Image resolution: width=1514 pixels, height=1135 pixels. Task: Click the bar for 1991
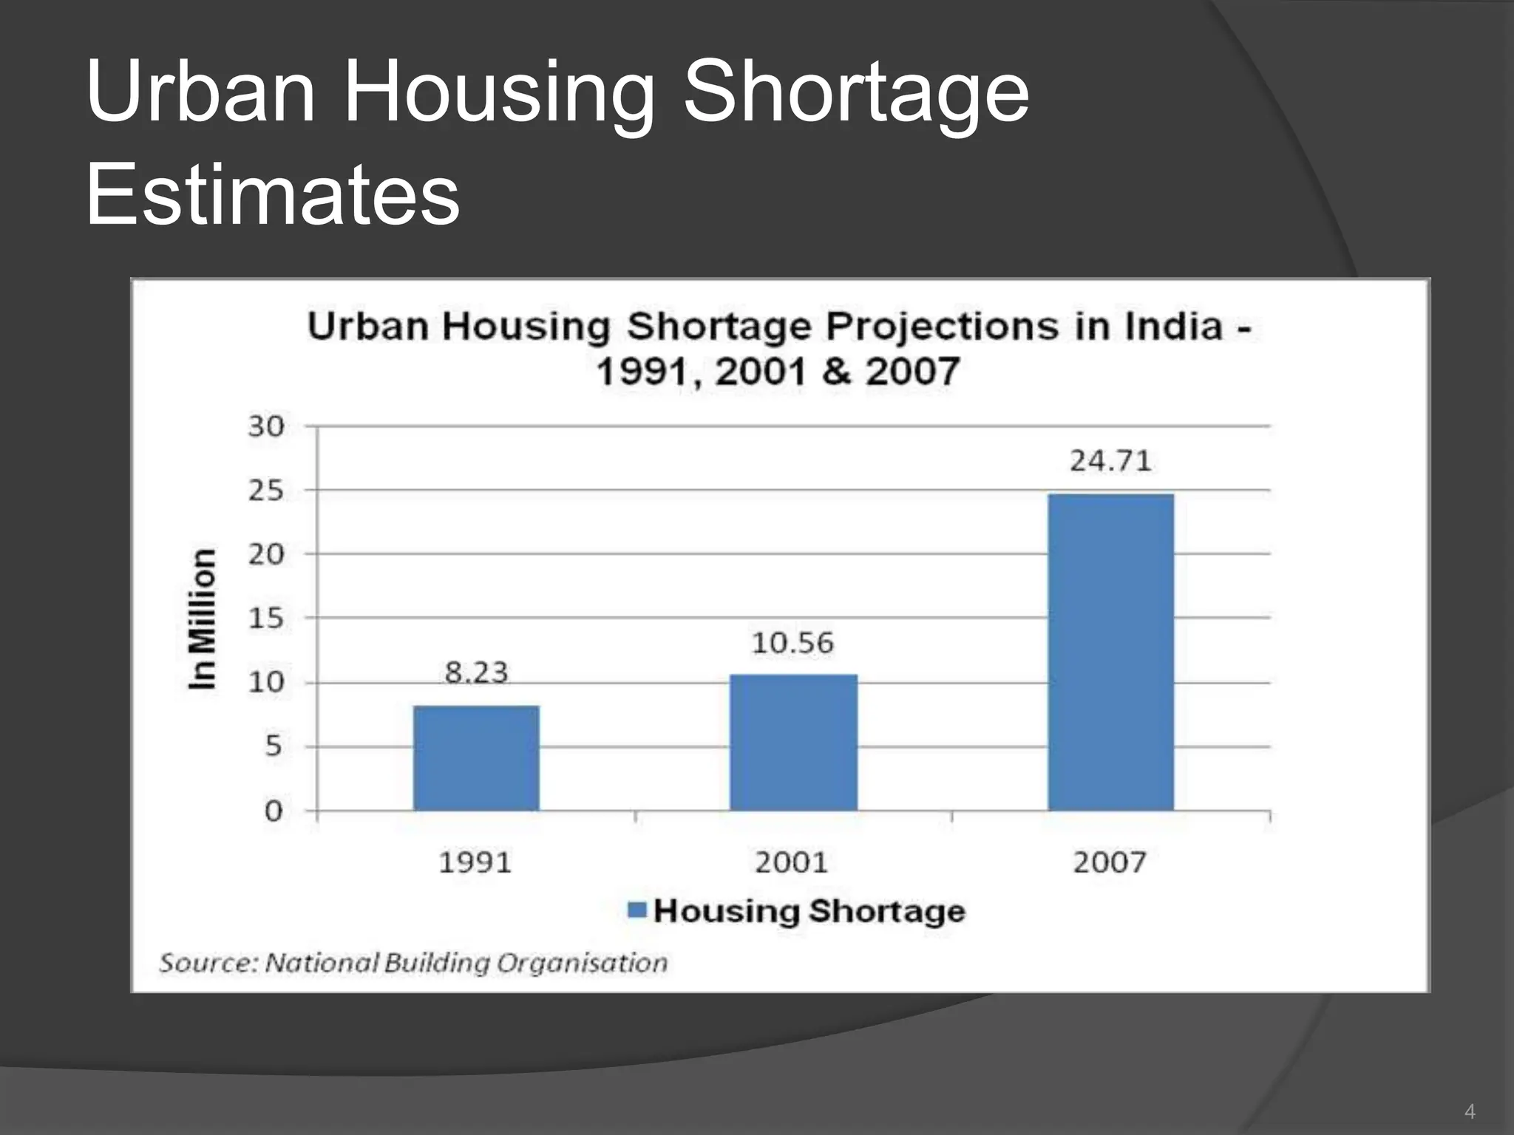click(476, 758)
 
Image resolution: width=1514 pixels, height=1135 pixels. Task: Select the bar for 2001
click(793, 742)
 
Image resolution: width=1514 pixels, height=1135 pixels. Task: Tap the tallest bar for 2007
click(1110, 652)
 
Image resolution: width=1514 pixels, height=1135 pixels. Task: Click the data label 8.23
click(476, 672)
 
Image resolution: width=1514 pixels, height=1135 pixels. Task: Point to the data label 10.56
click(792, 643)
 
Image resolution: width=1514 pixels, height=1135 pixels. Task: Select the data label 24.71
click(1110, 461)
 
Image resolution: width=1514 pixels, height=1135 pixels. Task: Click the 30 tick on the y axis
click(266, 426)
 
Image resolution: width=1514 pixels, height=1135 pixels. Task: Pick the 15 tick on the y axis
click(266, 618)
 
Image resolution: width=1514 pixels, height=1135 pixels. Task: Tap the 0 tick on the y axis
click(274, 811)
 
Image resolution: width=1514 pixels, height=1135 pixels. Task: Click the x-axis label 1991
click(475, 862)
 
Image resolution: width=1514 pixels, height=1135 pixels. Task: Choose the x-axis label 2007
click(1110, 862)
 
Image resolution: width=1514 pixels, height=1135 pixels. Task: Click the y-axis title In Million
click(202, 619)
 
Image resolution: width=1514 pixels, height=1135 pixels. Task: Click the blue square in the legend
click(637, 910)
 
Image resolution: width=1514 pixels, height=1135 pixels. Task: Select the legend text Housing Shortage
click(809, 911)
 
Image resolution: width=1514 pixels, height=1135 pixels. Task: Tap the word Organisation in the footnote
click(582, 963)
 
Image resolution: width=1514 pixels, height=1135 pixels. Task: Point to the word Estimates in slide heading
click(273, 194)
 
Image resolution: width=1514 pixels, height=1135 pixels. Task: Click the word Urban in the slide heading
click(200, 92)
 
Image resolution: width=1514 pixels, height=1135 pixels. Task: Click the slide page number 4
click(1470, 1111)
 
